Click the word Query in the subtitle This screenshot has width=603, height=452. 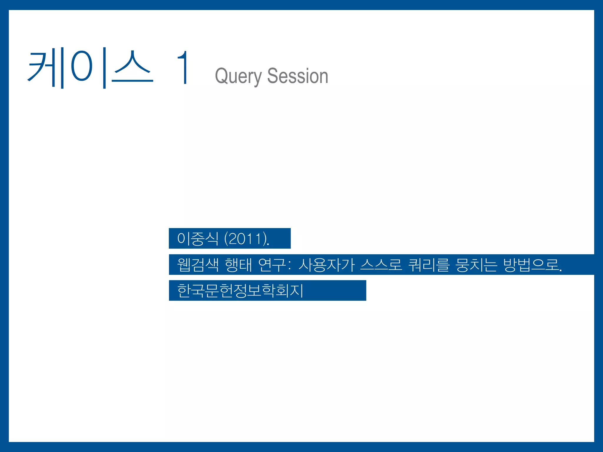point(238,76)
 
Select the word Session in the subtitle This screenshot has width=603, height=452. point(298,76)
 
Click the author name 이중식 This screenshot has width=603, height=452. point(198,238)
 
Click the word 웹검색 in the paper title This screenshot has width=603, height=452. point(198,265)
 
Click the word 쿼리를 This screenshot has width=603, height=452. point(429,265)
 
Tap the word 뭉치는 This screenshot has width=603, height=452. point(476,265)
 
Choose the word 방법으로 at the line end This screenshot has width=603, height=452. point(531,265)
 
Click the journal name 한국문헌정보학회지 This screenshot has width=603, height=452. point(240,290)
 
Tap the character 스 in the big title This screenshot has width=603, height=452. point(132,68)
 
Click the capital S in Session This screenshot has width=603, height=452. point(272,76)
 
